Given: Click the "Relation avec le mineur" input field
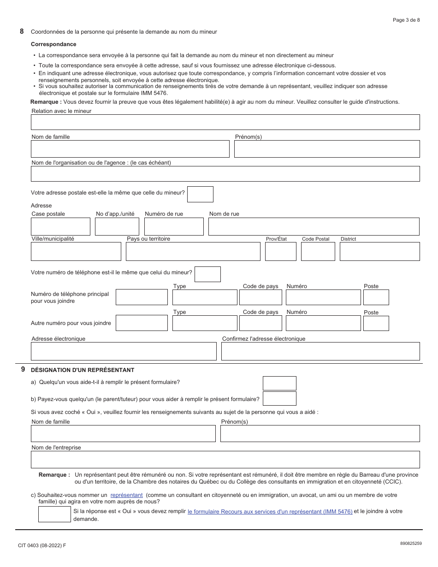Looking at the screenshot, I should click(x=225, y=122).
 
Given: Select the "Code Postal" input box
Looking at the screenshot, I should click(x=318, y=251).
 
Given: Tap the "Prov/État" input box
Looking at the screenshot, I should click(x=280, y=251).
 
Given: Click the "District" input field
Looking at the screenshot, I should click(x=379, y=251).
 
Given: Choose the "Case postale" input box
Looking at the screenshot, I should click(x=60, y=226).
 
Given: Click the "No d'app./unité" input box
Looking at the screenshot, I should click(x=117, y=226).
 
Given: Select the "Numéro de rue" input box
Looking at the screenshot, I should click(x=174, y=226).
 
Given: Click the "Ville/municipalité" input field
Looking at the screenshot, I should click(x=76, y=251).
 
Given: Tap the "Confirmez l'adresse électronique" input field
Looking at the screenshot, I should click(x=320, y=351).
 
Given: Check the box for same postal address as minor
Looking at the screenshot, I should click(x=200, y=194).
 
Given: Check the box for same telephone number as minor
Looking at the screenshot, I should click(x=207, y=274).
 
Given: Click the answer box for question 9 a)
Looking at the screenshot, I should click(x=279, y=383).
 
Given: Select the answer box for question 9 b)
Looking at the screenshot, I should click(x=279, y=398).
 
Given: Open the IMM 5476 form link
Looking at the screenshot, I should click(x=270, y=512).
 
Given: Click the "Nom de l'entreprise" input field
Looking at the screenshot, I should click(x=225, y=459).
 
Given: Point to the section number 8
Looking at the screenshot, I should click(x=22, y=31).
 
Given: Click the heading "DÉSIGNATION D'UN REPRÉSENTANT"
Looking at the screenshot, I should click(x=82, y=370).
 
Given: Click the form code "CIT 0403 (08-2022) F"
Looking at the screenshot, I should click(x=42, y=545).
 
